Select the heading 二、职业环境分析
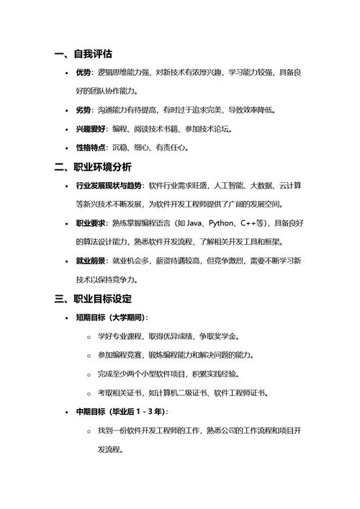click(x=93, y=167)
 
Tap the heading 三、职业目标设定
click(x=93, y=298)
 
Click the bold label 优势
click(x=84, y=73)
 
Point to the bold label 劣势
click(x=84, y=110)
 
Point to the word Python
click(x=225, y=223)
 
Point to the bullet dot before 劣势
click(x=66, y=110)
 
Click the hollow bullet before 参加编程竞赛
click(x=88, y=356)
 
